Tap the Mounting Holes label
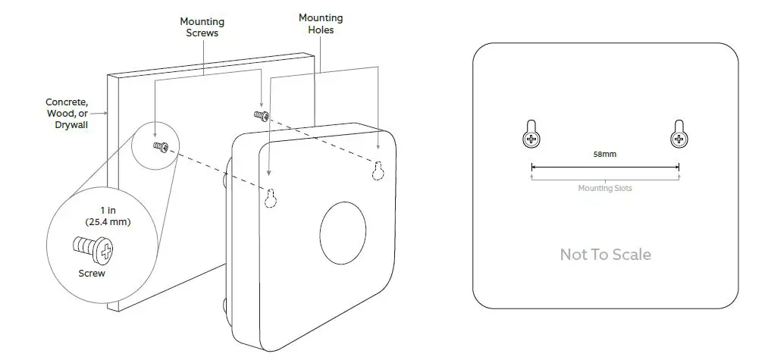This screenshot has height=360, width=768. pos(320,23)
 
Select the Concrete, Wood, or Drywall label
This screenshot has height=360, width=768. pos(67,113)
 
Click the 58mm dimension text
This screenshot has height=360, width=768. pos(604,154)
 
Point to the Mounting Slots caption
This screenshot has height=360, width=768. pos(604,188)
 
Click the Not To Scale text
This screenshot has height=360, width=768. pos(605,255)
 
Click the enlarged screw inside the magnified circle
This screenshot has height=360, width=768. pos(92,248)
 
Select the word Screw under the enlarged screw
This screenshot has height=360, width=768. pos(92,273)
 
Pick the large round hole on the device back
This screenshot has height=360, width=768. pos(343,233)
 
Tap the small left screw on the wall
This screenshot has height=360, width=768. pos(161,146)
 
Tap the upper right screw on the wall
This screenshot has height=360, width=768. pos(261,115)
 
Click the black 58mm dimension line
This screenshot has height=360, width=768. pos(604,167)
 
